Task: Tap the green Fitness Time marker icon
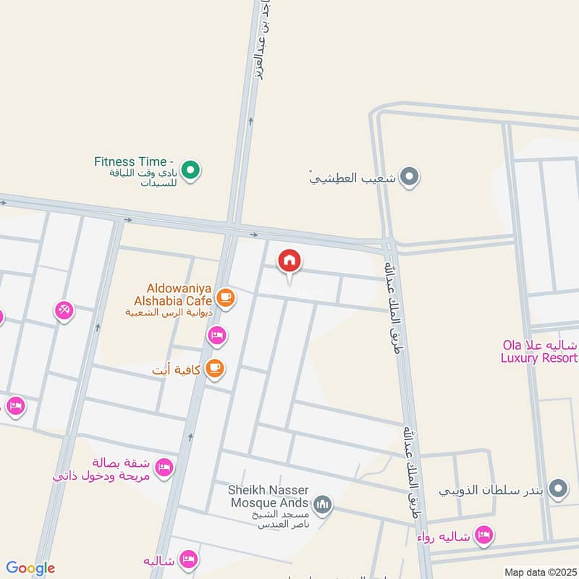tap(190, 171)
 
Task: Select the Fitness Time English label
tap(134, 161)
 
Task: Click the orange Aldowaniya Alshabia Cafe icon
tap(226, 297)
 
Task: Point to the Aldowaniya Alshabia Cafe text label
tap(172, 294)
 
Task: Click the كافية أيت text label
tap(177, 371)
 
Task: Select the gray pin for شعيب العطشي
tap(410, 176)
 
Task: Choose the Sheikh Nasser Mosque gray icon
tap(323, 504)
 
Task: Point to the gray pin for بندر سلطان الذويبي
tap(557, 490)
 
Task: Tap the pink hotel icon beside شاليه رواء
tap(485, 535)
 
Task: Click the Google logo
tap(30, 568)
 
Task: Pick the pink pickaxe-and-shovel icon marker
tap(64, 310)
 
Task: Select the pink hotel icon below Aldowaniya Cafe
tap(216, 335)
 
